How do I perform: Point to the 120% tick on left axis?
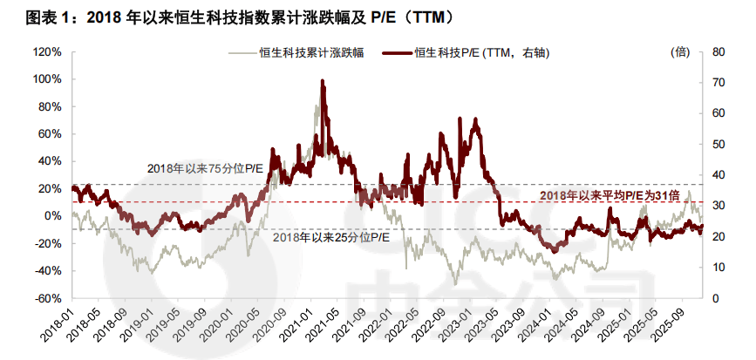pos(46,51)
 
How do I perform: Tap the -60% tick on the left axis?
pos(48,298)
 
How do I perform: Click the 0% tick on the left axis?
pos(51,216)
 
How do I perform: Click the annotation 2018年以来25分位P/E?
pos(332,237)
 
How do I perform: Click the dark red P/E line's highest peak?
pos(323,81)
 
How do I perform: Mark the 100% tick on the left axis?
pos(46,79)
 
